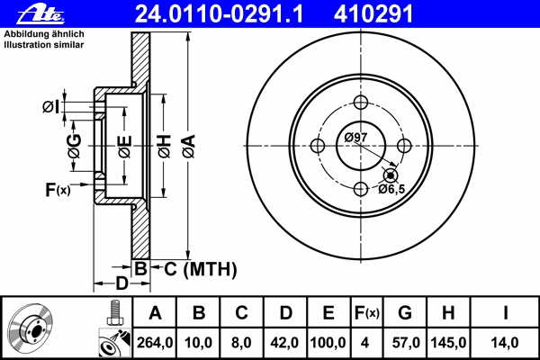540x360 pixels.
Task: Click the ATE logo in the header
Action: click(40, 14)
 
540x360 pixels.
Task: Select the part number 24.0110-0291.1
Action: click(219, 14)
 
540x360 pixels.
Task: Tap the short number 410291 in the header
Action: click(373, 14)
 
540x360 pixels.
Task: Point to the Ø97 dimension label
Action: click(355, 137)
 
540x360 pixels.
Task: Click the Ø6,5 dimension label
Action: click(391, 189)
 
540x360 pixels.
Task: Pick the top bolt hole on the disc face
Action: click(361, 103)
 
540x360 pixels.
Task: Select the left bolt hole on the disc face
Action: click(318, 146)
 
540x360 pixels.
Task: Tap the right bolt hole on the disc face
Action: click(404, 146)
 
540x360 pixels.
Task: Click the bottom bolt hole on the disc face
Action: click(361, 189)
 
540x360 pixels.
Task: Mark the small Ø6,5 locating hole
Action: click(391, 175)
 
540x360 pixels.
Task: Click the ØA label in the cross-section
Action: click(189, 146)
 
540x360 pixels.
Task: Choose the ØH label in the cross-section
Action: click(165, 146)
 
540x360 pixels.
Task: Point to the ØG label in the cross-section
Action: click(75, 146)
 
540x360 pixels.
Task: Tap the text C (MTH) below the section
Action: click(201, 269)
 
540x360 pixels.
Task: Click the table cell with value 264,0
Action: click(155, 343)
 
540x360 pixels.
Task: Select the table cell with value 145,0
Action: click(448, 343)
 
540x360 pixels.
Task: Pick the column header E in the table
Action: click(328, 313)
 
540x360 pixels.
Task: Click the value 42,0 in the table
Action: click(284, 343)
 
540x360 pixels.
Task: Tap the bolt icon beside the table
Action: click(114, 313)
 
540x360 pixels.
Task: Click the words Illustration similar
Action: click(44, 45)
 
